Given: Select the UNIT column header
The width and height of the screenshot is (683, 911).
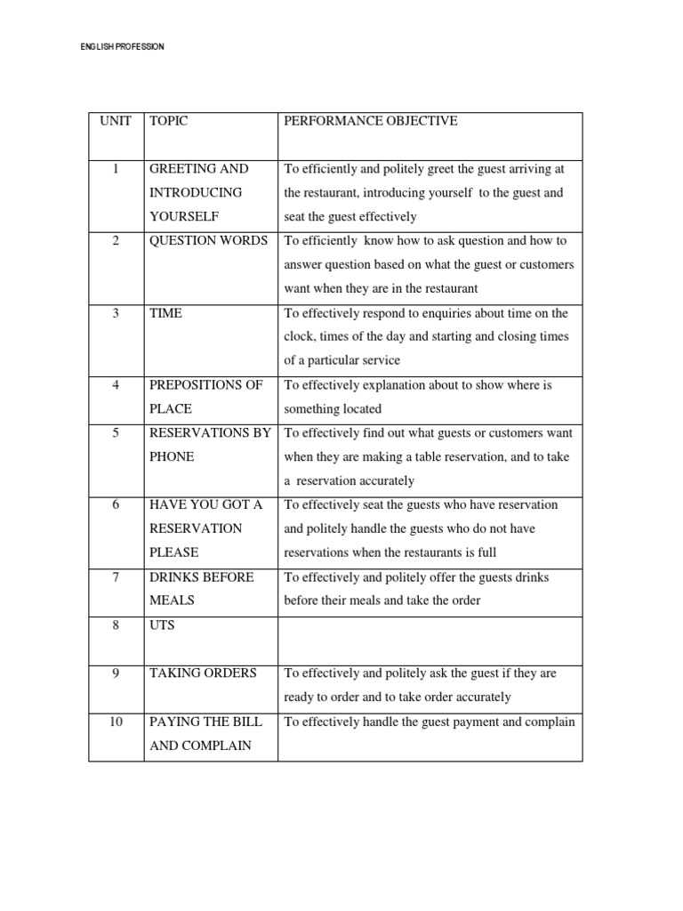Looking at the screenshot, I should click(x=116, y=121).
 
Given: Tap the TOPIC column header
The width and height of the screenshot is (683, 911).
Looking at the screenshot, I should click(x=169, y=121).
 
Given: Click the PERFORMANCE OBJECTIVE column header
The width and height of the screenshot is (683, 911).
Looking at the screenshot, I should click(x=370, y=121).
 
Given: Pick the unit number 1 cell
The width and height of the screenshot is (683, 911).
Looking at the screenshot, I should click(x=116, y=169).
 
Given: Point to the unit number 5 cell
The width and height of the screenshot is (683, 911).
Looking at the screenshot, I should click(x=116, y=433).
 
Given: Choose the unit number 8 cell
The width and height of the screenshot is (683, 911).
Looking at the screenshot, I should click(x=116, y=625).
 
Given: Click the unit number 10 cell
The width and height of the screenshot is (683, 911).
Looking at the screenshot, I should click(x=116, y=722).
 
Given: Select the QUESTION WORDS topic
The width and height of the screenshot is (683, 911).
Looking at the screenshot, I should click(x=208, y=241).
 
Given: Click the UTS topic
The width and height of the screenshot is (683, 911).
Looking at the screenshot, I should click(x=162, y=625).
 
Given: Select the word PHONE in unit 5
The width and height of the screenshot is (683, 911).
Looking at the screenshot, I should click(x=172, y=457).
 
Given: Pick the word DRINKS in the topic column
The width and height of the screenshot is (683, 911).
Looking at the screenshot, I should click(x=175, y=577).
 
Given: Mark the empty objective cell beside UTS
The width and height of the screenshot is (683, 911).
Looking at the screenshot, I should click(x=430, y=641).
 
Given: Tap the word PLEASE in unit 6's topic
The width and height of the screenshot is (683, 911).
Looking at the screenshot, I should click(x=174, y=553).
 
